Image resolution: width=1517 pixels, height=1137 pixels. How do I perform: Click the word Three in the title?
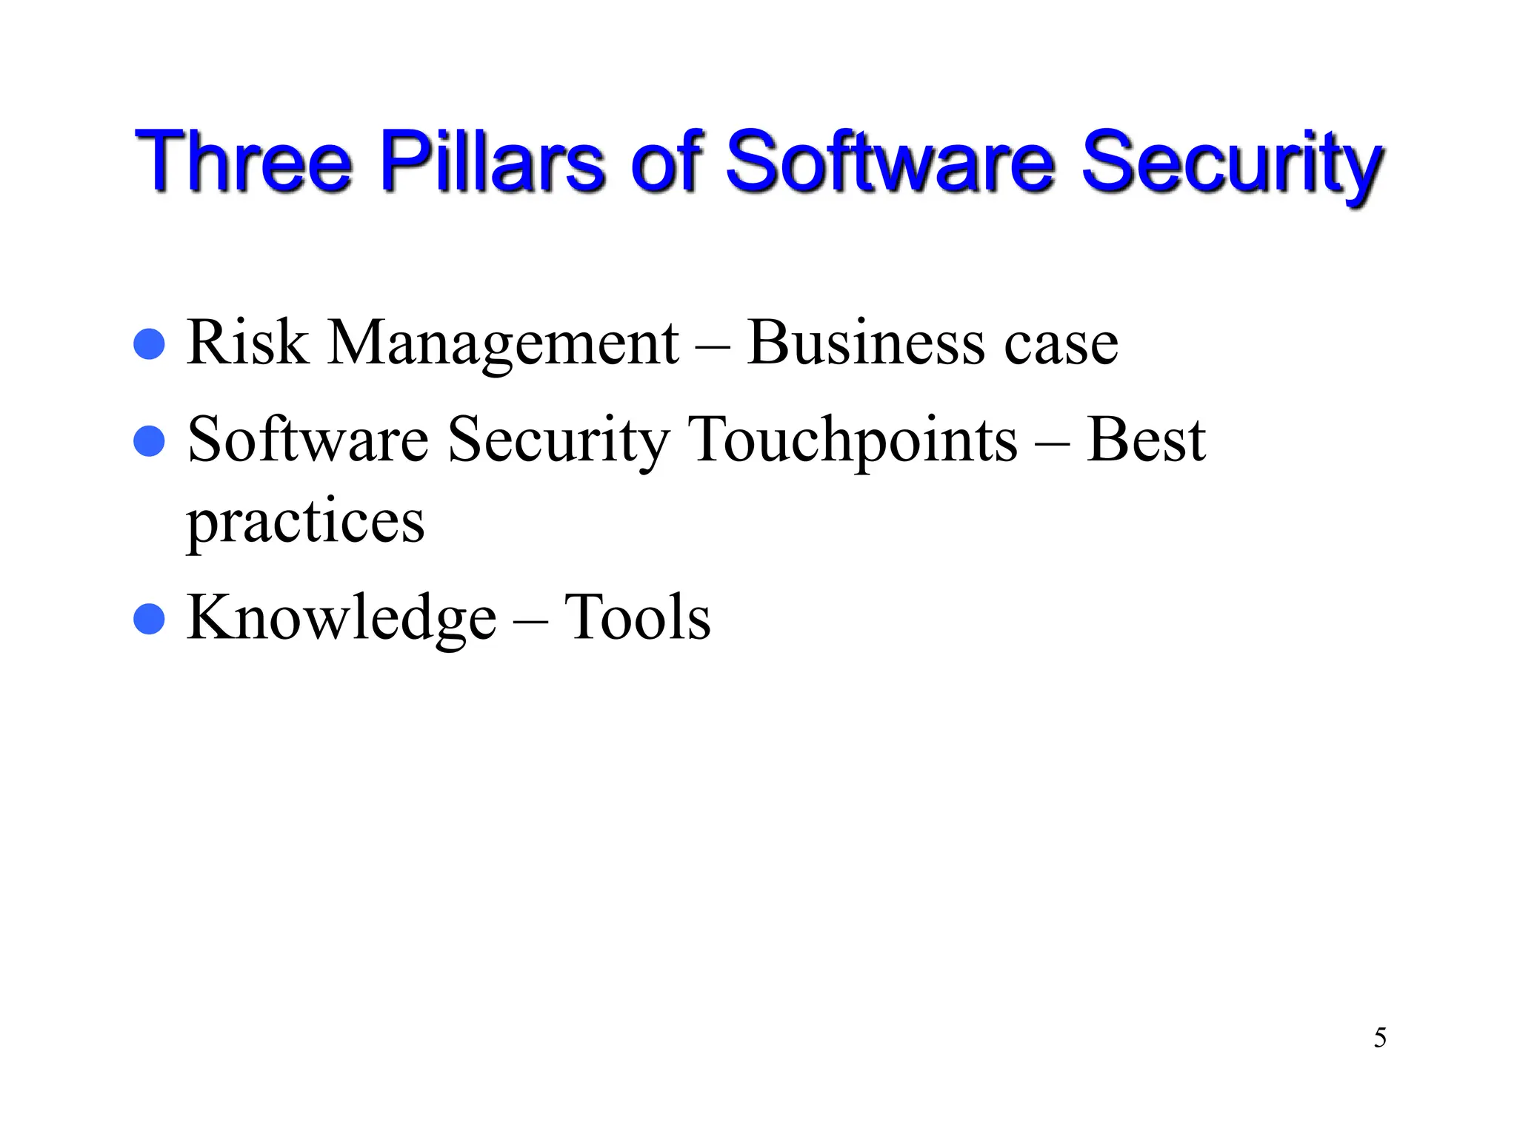pos(243,161)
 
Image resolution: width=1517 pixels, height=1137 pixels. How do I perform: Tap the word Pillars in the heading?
pos(493,161)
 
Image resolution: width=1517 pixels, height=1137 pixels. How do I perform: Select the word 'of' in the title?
pos(666,161)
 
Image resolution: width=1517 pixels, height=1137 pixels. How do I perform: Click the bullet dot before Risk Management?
pos(149,344)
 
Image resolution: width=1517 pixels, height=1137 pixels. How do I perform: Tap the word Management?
pos(503,345)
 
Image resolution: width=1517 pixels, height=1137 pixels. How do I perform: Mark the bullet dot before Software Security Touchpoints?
pos(149,441)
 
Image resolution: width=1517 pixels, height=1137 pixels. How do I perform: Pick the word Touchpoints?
pos(853,442)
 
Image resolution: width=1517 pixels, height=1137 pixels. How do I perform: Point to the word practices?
pos(305,522)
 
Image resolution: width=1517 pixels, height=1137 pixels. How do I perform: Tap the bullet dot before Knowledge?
pos(149,619)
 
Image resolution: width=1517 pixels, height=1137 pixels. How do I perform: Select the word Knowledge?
pos(341,618)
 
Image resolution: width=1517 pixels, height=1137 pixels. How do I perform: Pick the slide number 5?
pos(1380,1038)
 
